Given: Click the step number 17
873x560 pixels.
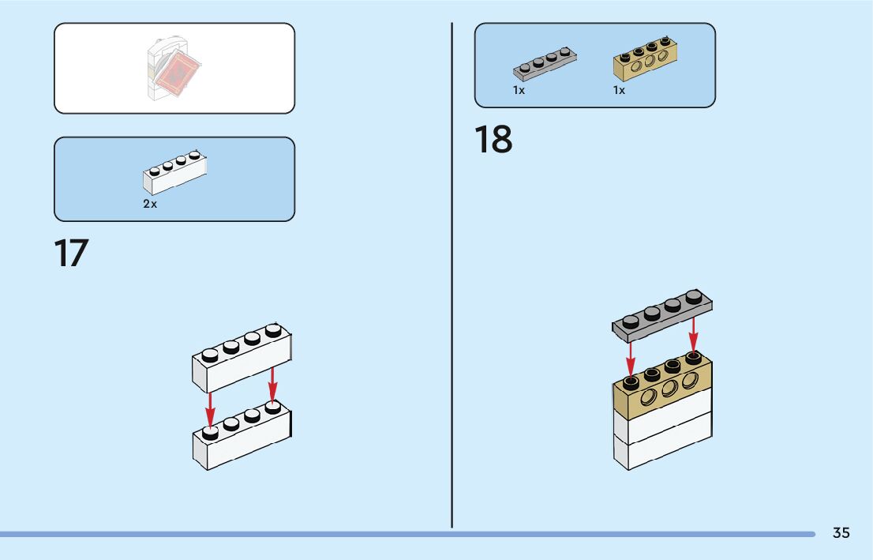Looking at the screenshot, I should point(70,254).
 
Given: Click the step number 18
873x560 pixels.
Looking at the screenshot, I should point(493,140).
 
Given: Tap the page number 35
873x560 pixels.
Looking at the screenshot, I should point(841,533).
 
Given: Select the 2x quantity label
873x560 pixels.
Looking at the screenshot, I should point(150,204).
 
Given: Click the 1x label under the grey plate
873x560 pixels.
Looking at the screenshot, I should point(519,90).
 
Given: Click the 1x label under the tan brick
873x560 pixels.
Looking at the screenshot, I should point(619,90).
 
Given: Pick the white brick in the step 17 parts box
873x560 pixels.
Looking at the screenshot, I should point(175,174).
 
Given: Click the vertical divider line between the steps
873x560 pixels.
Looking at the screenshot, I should point(452,276).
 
